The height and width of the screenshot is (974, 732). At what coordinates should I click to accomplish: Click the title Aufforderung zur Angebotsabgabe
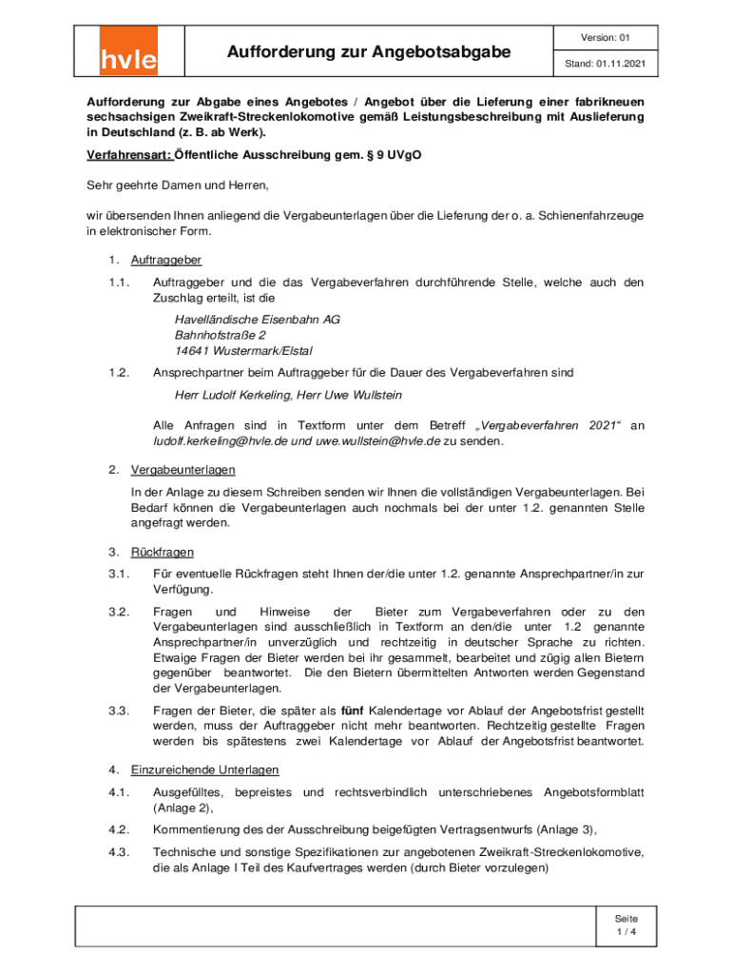368,50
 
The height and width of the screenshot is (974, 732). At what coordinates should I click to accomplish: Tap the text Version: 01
605,38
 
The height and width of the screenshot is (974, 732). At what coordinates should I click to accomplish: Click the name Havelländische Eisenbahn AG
257,320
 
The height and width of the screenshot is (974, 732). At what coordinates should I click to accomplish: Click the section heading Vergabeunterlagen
183,470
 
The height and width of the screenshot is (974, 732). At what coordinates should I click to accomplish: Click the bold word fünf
352,711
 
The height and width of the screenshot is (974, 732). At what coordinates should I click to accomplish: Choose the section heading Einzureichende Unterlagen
204,769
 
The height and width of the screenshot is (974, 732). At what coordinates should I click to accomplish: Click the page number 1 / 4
626,933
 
